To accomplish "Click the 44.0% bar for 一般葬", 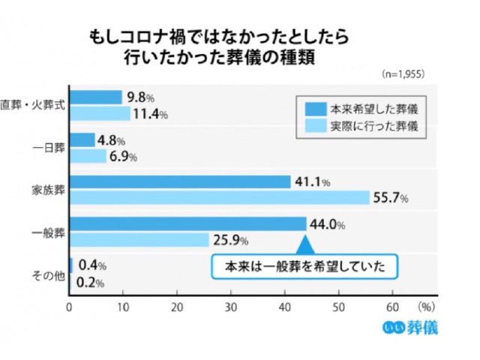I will click(x=187, y=223).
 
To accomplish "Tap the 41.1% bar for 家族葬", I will click(x=180, y=181).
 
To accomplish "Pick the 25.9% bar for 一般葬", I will click(x=139, y=239).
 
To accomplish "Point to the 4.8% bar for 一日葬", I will click(x=82, y=139).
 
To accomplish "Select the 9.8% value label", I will click(x=140, y=97).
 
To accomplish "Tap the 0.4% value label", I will click(x=92, y=266).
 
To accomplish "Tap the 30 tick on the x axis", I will click(x=231, y=307).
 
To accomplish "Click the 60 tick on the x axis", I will click(x=392, y=307).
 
